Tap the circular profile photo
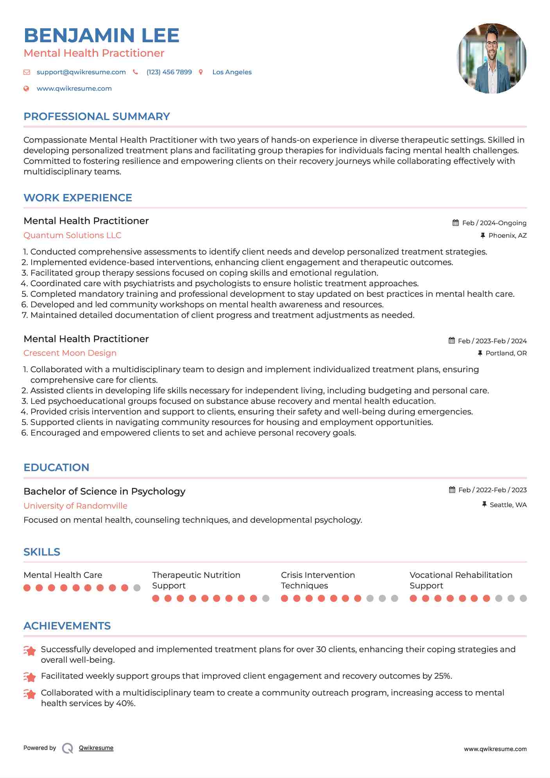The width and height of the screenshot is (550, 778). click(x=491, y=58)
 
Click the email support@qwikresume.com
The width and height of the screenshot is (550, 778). click(x=81, y=72)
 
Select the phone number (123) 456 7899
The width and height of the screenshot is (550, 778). click(x=169, y=72)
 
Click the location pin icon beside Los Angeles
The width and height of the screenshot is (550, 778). click(x=201, y=72)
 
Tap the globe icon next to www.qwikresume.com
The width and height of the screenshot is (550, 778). click(x=26, y=88)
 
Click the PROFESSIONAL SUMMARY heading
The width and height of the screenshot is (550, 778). click(x=97, y=117)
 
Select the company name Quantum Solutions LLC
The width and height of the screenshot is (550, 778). click(x=72, y=235)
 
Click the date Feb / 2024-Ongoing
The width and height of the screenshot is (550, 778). click(x=494, y=223)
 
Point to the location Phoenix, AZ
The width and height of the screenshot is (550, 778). click(x=507, y=235)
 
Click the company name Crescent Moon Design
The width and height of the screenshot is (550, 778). click(x=70, y=353)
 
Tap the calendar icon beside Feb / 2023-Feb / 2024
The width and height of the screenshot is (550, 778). click(x=451, y=341)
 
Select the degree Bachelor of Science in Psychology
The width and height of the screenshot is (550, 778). click(x=104, y=491)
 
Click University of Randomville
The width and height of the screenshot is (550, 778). click(x=75, y=506)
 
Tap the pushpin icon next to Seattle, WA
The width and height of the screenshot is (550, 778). click(x=484, y=504)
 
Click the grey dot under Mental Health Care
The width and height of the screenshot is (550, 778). click(x=137, y=588)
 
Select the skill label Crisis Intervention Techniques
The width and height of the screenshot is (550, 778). click(x=318, y=580)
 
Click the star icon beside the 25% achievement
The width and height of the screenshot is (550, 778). click(x=30, y=676)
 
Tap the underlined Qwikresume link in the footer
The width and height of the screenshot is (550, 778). click(x=96, y=748)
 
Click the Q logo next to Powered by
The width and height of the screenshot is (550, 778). click(x=68, y=748)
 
